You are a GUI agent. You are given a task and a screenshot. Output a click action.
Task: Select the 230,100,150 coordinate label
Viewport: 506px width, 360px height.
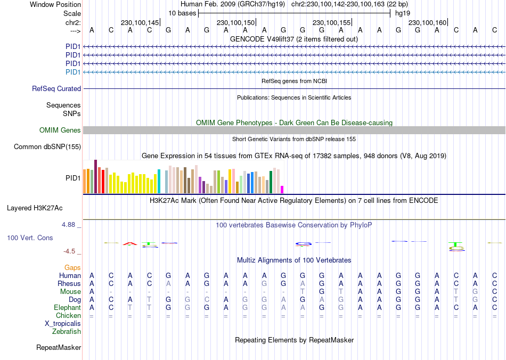[235, 22]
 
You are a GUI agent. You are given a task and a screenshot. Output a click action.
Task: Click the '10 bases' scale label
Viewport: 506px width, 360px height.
[182, 13]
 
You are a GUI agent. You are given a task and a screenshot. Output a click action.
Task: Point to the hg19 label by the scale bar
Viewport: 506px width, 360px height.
[402, 13]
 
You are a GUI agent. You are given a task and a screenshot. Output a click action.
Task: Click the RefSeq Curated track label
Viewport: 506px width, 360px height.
[56, 89]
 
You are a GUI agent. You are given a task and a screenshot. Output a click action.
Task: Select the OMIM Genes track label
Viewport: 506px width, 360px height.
[60, 130]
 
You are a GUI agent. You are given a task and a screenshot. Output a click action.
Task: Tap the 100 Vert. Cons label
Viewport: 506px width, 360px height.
[30, 238]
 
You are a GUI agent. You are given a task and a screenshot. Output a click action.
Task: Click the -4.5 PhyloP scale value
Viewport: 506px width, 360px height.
[70, 251]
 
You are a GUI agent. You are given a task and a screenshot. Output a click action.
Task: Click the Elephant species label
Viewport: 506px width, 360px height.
[67, 308]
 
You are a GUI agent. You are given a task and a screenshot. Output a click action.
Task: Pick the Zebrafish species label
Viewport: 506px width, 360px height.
[67, 332]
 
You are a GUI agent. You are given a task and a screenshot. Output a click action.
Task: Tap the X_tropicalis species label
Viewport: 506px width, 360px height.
[63, 324]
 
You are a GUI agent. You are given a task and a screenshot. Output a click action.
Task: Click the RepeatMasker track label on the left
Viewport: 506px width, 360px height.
[59, 348]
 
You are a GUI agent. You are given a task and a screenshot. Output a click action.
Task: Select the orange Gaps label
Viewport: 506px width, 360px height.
[72, 267]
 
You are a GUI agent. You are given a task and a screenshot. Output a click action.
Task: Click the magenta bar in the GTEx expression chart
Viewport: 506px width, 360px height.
[282, 189]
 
